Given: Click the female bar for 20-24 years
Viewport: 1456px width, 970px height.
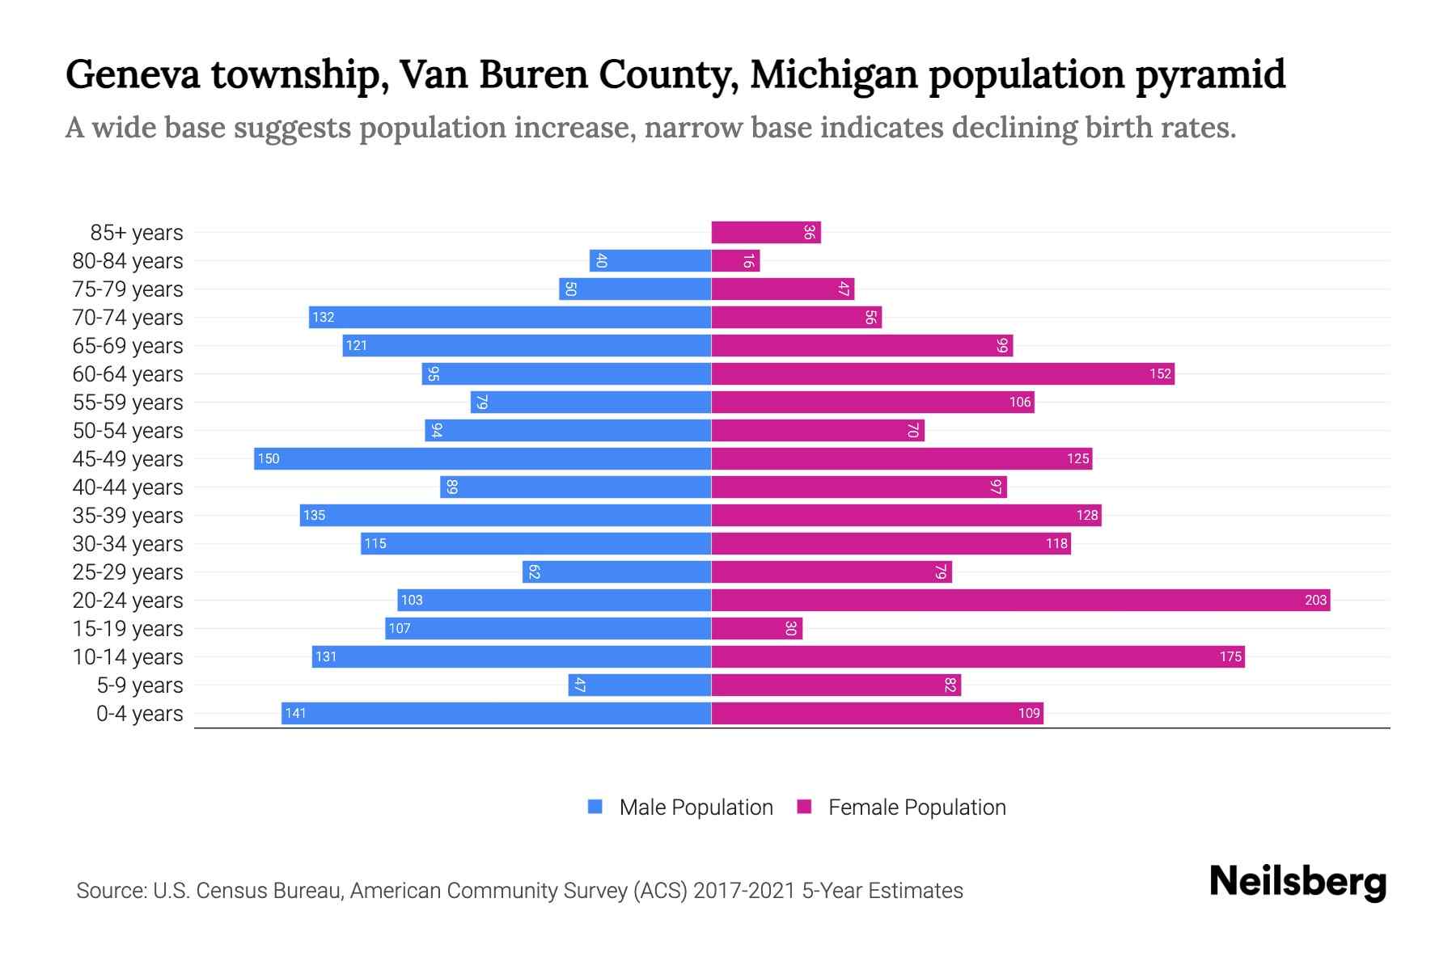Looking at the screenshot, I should pos(1021,600).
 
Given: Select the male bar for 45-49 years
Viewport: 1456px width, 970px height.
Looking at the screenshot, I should pos(483,458).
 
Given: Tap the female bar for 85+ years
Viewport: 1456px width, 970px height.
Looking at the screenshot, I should pos(766,232).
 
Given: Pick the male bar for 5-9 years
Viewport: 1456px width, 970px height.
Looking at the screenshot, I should pos(640,685).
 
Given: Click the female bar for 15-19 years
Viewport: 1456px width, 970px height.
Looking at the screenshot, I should pos(757,628).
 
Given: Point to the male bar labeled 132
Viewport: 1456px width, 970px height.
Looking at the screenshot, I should pos(510,317).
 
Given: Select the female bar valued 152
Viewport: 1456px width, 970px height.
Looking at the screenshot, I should pos(942,373).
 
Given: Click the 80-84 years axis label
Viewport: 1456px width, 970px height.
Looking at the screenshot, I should pos(128,261).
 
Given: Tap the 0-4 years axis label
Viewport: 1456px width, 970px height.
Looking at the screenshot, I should pos(139,714).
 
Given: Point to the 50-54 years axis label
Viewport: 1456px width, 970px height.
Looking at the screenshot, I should pos(128,431).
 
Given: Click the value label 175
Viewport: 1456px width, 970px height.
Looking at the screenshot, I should pos(1230,656).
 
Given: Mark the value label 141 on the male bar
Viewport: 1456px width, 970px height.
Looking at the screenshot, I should pos(296,713).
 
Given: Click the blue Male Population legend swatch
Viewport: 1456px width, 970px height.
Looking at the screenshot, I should pos(595,807).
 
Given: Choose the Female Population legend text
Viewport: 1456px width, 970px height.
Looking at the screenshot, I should pos(916,808).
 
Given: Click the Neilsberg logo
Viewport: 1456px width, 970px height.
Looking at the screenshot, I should pos(1297,882).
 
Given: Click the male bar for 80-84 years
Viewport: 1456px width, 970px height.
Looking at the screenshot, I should pos(650,260).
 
